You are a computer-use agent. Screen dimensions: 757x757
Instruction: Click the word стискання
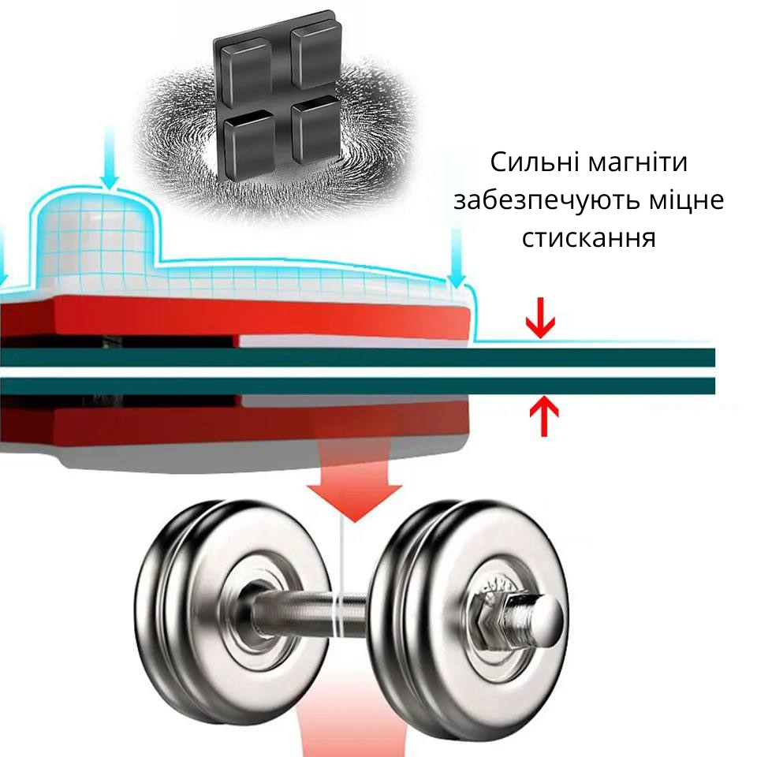coord(588,238)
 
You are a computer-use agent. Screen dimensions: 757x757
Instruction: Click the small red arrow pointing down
coord(541,317)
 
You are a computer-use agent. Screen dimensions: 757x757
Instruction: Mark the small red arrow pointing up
coord(544,416)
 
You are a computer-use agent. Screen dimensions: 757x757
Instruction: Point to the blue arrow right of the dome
coord(457,259)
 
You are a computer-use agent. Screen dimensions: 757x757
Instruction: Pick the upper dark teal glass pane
coord(357,358)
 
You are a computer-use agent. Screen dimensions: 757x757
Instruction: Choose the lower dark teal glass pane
coord(357,386)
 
